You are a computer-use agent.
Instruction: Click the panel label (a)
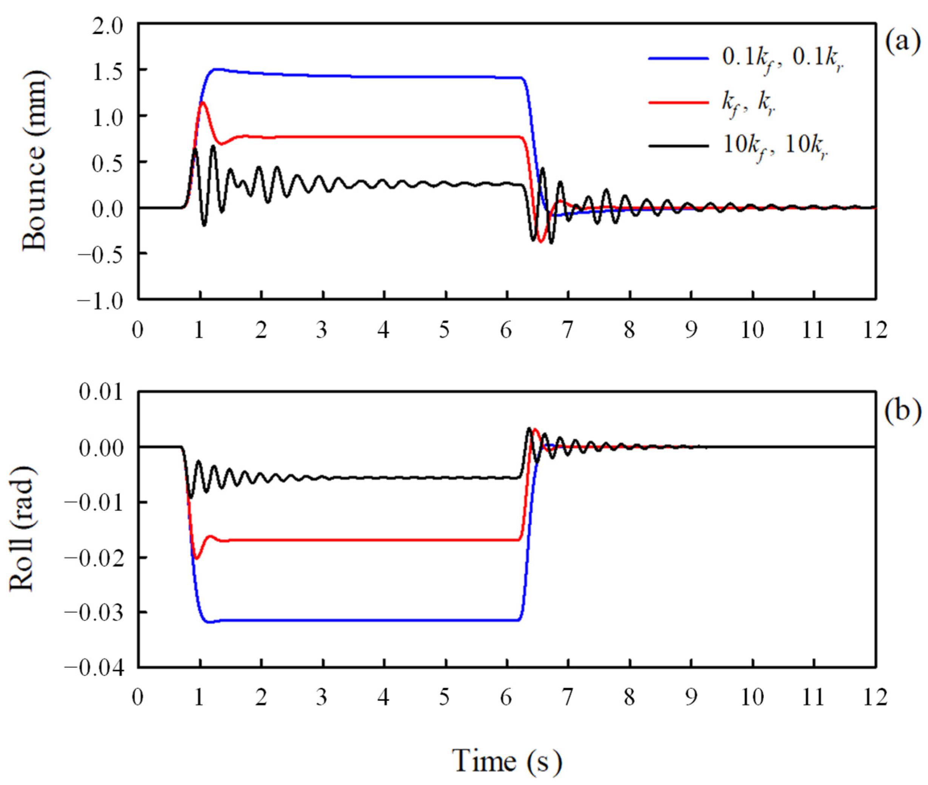tap(902, 43)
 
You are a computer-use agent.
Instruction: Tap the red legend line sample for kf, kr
tap(678, 102)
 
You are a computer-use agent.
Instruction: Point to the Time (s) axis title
tap(507, 760)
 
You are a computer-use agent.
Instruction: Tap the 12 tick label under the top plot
tap(876, 330)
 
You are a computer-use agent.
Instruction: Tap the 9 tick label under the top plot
tap(691, 330)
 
